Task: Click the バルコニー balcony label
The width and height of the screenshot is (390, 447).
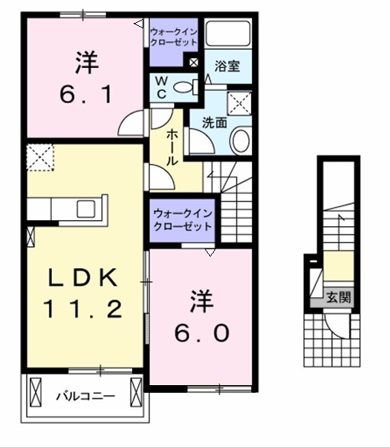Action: tap(85, 397)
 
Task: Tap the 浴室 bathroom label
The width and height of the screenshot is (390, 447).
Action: tap(227, 66)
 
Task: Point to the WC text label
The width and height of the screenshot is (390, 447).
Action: tap(163, 86)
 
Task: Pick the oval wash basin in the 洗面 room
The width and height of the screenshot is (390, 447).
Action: tap(240, 140)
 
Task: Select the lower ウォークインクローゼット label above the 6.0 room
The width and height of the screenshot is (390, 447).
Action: tap(182, 221)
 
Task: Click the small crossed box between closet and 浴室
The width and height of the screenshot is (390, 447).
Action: tap(194, 64)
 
